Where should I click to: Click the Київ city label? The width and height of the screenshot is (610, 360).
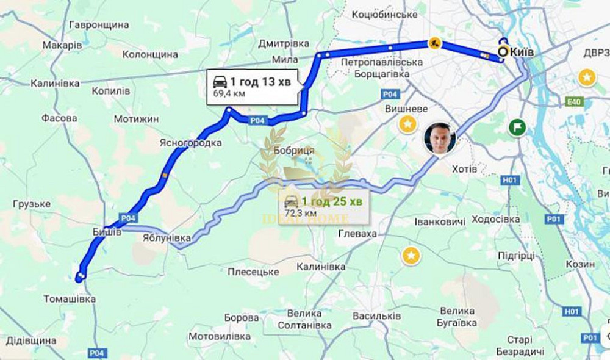(522, 52)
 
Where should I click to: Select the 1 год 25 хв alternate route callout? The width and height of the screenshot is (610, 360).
(325, 206)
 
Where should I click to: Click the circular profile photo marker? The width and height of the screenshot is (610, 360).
(440, 139)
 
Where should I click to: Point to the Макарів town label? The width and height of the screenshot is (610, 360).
(62, 45)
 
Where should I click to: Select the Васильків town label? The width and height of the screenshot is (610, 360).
(377, 316)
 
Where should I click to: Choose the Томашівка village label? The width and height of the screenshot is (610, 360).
(70, 299)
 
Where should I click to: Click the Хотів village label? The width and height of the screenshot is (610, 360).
(464, 168)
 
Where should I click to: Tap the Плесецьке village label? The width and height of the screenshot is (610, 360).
(253, 272)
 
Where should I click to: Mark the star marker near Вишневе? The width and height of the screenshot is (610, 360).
(407, 125)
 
